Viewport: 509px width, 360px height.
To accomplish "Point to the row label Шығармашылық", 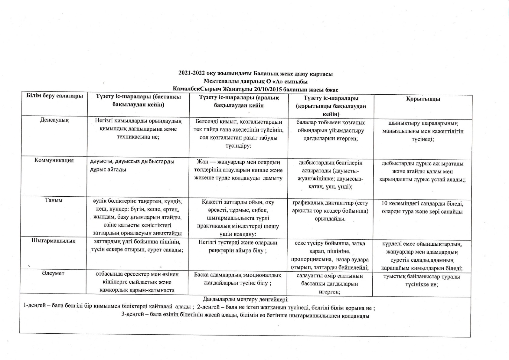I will pos(54,241).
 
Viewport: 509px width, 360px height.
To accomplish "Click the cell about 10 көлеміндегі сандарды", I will pos(422,208).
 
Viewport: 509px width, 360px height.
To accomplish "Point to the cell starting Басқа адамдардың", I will pos(238,279).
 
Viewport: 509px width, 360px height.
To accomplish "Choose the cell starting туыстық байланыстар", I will pos(422,281).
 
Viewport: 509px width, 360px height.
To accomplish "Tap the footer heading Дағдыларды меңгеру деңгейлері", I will pos(246,300).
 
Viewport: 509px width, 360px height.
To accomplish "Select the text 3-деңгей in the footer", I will pos(132,315).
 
